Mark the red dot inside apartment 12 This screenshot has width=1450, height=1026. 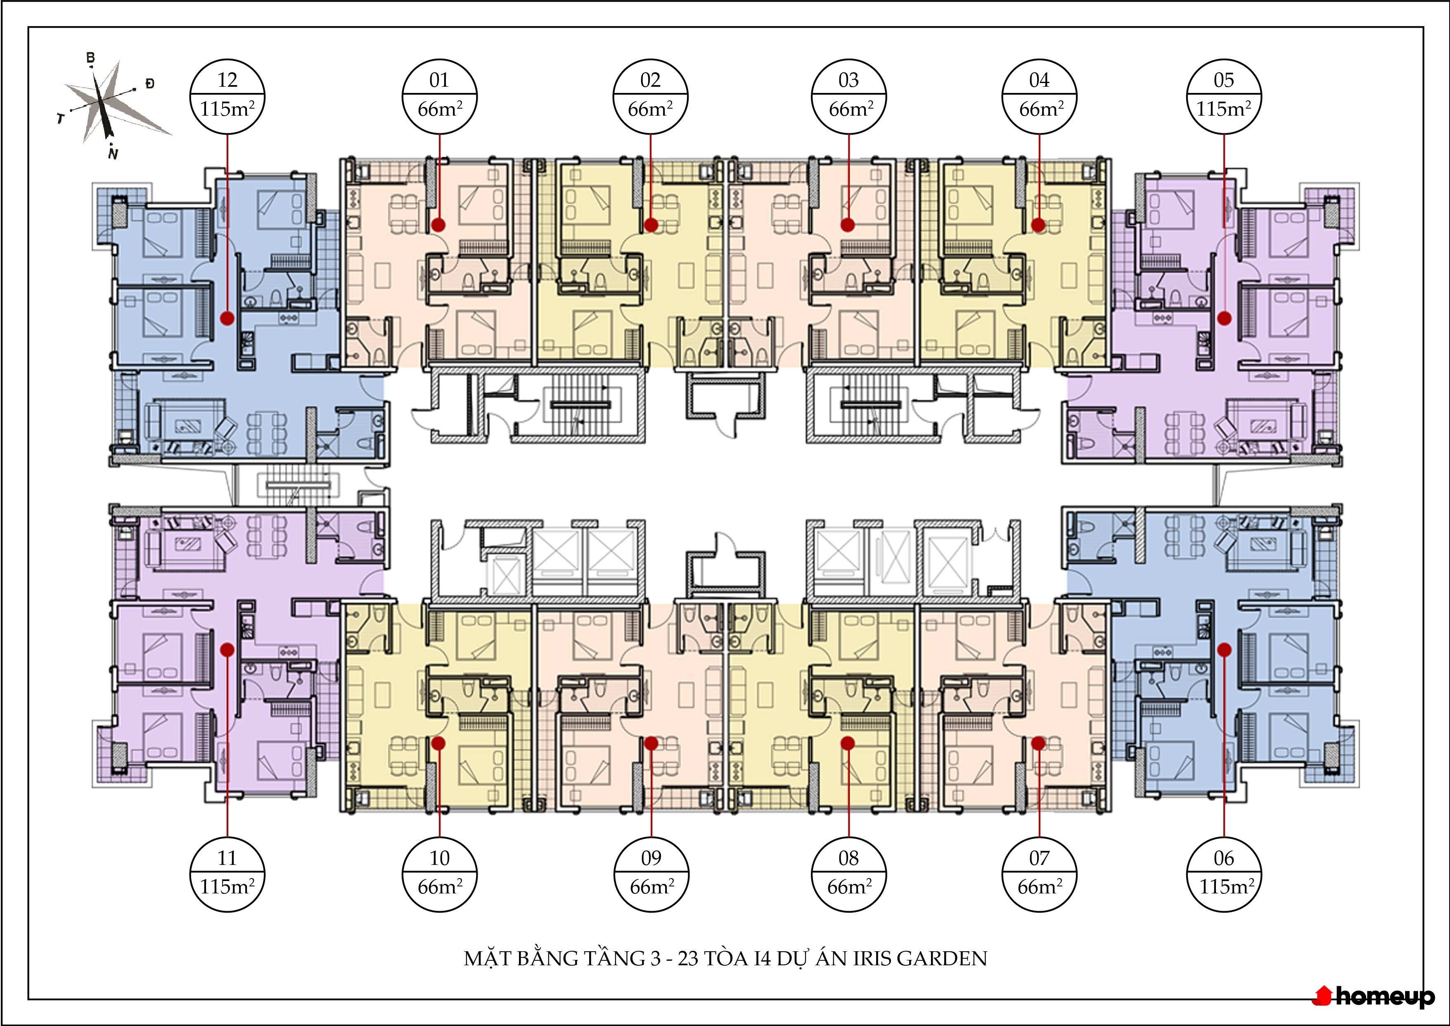pos(227,318)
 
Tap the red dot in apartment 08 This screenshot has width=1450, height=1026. pos(848,743)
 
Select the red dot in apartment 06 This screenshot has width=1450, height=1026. pos(1224,649)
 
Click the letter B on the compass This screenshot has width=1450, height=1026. pos(91,58)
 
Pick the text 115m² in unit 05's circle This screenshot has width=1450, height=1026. pos(1224,109)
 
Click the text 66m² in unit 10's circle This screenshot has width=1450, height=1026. pos(440,886)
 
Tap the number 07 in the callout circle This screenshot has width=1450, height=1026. pos(1039,858)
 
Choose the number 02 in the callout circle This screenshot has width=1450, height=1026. pos(651,80)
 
